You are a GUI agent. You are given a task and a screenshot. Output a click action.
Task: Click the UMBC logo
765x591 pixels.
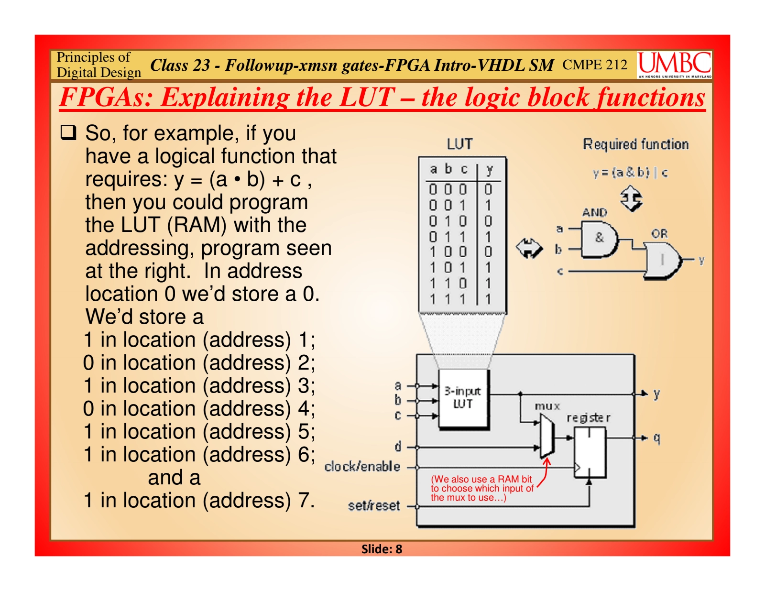click(674, 65)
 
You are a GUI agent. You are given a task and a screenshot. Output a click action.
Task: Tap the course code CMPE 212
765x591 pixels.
click(595, 65)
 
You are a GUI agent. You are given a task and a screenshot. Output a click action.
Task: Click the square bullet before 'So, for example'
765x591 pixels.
click(68, 133)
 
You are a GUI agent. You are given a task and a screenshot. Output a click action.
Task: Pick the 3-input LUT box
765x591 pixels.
click(464, 399)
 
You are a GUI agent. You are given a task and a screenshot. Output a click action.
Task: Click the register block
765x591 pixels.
click(590, 452)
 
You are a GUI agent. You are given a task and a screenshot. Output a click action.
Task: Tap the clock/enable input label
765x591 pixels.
click(362, 467)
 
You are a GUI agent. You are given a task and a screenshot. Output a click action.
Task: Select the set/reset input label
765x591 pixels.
click(374, 506)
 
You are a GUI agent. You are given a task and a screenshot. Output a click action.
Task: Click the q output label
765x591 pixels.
click(656, 438)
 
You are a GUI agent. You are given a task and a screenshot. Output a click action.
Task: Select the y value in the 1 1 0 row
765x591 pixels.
click(488, 284)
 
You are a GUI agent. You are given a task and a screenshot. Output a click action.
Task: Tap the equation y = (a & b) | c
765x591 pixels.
click(630, 173)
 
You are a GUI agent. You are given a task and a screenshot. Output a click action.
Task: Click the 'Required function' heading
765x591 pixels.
click(636, 144)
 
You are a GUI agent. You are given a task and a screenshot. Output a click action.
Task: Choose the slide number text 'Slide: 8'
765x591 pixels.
click(382, 549)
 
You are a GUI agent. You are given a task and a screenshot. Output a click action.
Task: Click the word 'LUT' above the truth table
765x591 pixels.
click(460, 144)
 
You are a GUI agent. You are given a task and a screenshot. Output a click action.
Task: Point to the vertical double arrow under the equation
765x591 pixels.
click(631, 198)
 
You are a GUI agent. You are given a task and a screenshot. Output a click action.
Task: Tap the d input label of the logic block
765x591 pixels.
click(398, 446)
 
